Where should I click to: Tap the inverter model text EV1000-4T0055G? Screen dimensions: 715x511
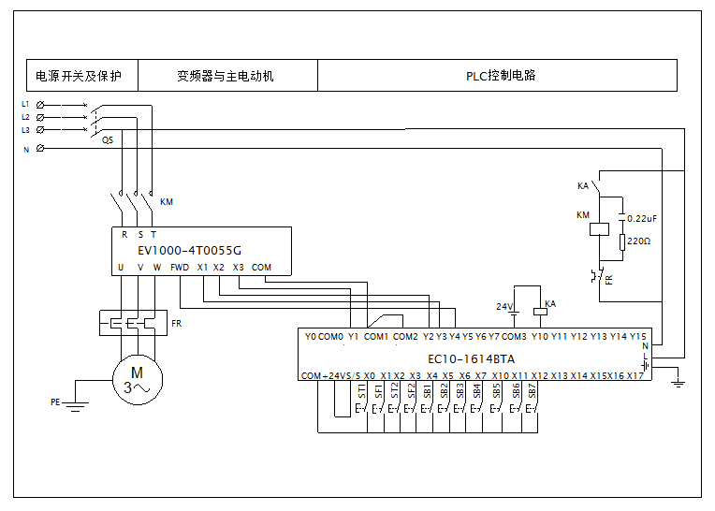[x=189, y=250]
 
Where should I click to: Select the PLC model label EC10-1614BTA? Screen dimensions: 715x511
[x=471, y=359]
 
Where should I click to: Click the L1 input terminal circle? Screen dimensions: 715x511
[x=40, y=105]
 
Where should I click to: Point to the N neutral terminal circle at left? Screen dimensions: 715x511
[x=40, y=148]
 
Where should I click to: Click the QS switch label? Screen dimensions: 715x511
[x=108, y=140]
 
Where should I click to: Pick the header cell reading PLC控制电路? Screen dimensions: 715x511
[x=498, y=75]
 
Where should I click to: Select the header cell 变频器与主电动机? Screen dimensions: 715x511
[x=227, y=75]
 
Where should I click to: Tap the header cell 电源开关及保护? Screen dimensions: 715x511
[x=82, y=75]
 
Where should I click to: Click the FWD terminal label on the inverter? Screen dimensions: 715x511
[x=180, y=268]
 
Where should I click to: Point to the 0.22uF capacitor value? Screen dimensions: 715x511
[x=642, y=219]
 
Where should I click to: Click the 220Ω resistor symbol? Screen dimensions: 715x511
[x=622, y=242]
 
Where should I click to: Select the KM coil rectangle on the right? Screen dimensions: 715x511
[x=599, y=229]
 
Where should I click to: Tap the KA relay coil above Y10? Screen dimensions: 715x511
[x=540, y=312]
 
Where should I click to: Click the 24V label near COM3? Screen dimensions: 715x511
[x=504, y=307]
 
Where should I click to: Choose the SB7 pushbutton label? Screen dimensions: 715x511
[x=532, y=390]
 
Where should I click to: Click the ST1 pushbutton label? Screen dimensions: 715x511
[x=361, y=390]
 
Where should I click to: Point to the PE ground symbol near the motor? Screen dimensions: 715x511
[x=75, y=406]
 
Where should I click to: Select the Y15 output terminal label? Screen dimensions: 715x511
[x=638, y=336]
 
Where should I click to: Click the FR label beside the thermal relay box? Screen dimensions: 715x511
[x=177, y=323]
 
